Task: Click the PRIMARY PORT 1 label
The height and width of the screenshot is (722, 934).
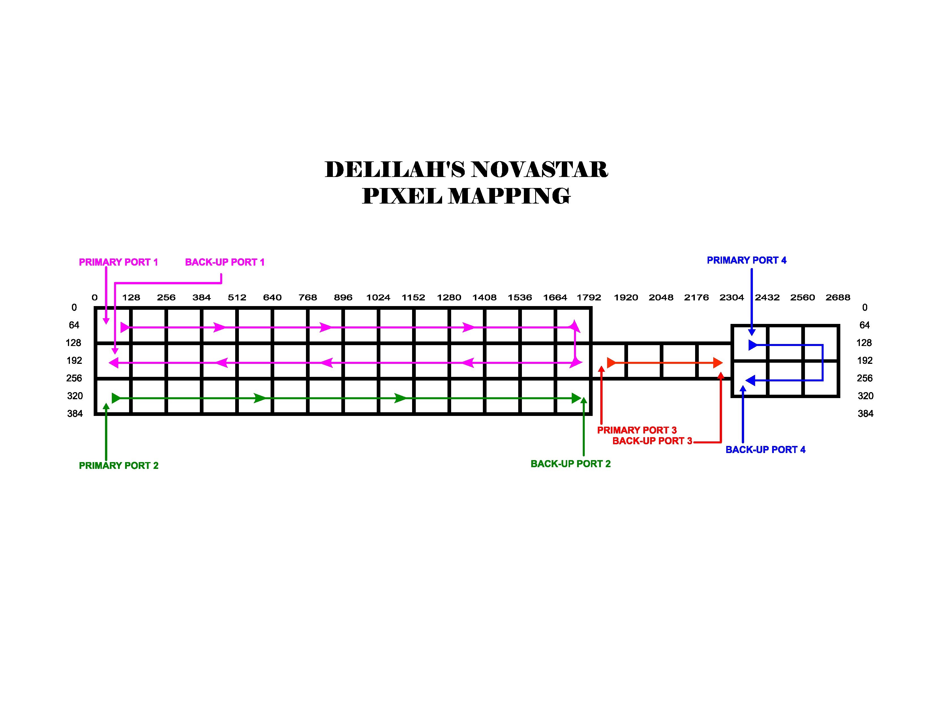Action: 119,262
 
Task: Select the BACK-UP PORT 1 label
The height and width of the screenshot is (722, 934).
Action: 224,262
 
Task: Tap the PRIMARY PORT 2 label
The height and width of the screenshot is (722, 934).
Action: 119,465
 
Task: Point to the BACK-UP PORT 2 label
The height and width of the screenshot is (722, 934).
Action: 571,464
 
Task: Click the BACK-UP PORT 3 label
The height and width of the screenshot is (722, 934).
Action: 652,441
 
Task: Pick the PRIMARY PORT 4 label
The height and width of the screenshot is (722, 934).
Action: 746,260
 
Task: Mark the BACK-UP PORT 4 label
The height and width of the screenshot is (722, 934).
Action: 765,450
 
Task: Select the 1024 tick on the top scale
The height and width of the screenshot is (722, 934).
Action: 378,297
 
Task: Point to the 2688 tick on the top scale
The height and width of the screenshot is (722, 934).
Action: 838,297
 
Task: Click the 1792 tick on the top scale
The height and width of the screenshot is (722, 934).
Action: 589,297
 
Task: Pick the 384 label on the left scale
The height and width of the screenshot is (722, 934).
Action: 75,414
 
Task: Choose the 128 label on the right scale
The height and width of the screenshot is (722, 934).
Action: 864,343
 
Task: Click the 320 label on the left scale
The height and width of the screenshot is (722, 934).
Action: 75,396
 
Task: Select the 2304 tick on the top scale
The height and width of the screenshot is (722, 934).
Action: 732,297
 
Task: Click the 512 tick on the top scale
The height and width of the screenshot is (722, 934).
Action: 237,297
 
